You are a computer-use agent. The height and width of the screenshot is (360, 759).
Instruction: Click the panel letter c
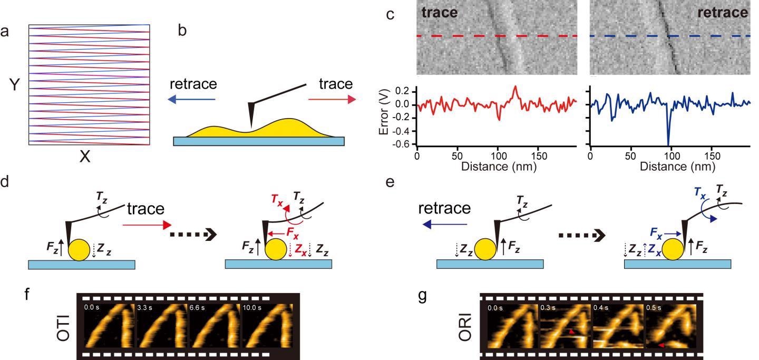pos(390,15)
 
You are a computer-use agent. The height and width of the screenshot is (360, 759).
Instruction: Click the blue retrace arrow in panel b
pos(193,99)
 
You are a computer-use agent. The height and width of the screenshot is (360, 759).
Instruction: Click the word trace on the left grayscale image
pos(439,13)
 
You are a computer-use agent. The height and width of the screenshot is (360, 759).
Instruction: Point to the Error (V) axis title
pos(385,116)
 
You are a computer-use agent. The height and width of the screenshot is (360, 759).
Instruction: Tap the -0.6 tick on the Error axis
pos(404,144)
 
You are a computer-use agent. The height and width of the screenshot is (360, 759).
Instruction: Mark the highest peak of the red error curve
pos(515,86)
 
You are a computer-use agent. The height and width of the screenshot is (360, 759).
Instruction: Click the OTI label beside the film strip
pos(63,327)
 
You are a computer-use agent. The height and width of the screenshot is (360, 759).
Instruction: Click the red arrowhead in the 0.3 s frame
pos(570,332)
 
